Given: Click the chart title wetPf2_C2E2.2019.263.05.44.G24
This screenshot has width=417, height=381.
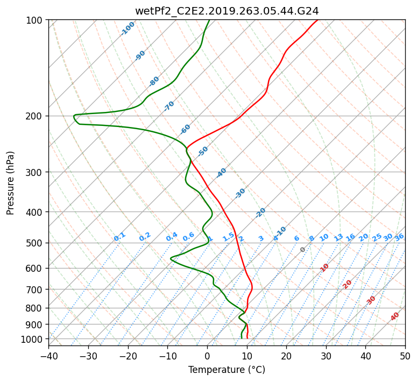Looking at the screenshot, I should (227, 10).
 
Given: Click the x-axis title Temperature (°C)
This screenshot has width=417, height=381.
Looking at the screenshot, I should (227, 370).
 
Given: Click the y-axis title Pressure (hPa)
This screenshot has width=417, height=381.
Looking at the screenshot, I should (10, 183).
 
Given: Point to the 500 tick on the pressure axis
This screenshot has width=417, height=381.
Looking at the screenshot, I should (35, 243).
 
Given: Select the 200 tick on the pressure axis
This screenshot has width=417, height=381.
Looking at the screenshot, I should (35, 116).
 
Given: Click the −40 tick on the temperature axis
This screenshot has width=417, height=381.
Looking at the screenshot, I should (48, 356).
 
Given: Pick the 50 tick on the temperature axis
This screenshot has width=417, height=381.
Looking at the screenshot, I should (405, 356).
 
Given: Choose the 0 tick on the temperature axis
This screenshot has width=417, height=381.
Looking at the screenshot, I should (207, 356).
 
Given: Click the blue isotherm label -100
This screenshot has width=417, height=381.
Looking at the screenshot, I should (128, 29).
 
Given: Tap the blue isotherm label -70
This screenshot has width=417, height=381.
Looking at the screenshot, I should (169, 106).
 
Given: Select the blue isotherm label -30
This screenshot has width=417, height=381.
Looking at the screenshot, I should (240, 193).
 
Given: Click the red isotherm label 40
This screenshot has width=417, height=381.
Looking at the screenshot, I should (395, 316).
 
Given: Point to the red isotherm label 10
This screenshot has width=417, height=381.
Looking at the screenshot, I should (324, 267).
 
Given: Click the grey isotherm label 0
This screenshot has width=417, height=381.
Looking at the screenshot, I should (302, 250).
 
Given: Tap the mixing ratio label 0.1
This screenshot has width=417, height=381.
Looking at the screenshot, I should (119, 237).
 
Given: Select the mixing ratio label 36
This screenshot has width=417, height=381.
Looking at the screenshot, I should (399, 237).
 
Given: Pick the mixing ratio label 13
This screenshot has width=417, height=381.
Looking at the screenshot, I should (338, 237).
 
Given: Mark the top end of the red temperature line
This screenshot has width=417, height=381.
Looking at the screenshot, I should (317, 20).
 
